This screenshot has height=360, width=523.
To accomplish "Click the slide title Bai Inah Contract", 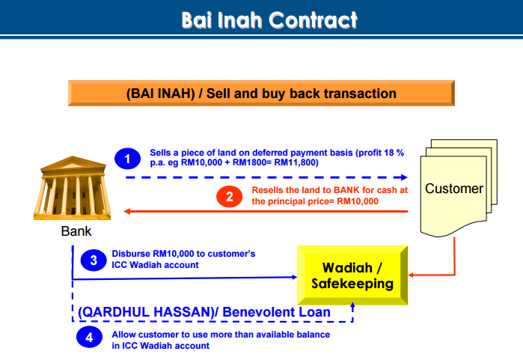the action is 269,20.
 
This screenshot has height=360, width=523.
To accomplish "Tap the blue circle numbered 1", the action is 127,159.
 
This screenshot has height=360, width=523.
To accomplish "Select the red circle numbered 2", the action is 230,197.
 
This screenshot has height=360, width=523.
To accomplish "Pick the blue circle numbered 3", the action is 94,260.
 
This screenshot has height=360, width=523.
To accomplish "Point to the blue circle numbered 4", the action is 89,337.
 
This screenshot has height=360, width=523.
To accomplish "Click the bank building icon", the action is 72,188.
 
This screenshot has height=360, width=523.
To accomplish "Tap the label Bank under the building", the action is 76,231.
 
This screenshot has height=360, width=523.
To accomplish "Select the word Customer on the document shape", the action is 454,189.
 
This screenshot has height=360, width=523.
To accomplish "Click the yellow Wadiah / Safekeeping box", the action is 352,275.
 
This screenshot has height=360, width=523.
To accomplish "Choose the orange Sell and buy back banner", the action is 261,93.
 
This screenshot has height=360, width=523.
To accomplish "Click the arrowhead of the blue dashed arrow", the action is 404,177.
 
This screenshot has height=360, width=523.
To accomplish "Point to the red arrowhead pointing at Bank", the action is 126,211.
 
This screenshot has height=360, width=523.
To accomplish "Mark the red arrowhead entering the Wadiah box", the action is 411,275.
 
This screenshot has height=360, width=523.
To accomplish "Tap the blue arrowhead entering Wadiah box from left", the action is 295,277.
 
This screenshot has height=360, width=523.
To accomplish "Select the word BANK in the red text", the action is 347,190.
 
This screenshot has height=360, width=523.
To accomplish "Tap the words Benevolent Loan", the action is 277,312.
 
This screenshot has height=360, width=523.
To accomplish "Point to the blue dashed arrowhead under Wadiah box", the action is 352,305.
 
